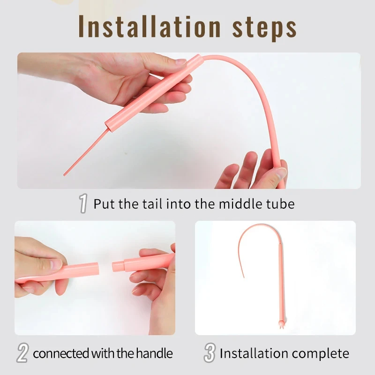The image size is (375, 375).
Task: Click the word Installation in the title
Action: tap(150, 26)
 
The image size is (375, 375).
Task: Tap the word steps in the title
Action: tap(264, 29)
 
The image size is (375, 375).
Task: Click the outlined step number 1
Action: tap(83, 203)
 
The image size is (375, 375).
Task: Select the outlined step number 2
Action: tap(22, 353)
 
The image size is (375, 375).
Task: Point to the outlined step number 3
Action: tap(210, 353)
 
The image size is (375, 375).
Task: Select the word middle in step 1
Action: tap(240, 204)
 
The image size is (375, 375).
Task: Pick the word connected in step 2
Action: tap(61, 354)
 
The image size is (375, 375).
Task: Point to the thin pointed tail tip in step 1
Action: tap(64, 175)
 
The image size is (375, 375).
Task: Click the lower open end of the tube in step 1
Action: tap(108, 126)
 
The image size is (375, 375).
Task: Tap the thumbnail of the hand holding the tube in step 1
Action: tap(181, 62)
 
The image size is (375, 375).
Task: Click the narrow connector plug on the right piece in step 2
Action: tap(118, 266)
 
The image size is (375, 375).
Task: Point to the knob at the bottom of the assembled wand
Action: tap(280, 323)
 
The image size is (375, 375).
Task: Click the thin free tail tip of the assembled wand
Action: tap(243, 277)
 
